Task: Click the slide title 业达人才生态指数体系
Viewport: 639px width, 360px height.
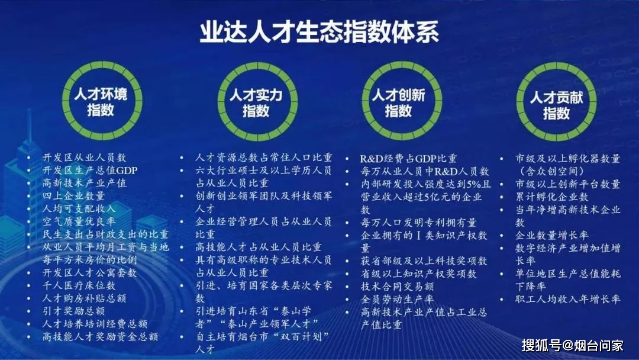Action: (319, 31)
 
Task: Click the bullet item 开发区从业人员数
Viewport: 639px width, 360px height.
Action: (85, 157)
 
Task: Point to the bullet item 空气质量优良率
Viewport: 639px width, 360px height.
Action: (79, 221)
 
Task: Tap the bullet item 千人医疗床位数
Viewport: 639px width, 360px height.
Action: (79, 285)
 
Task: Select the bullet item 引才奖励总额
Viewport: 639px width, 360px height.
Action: (74, 311)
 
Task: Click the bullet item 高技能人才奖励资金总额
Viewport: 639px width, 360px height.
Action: (100, 337)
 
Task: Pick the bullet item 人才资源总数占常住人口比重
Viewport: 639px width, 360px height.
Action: (264, 157)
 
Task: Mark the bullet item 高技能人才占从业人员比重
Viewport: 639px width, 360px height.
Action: (259, 247)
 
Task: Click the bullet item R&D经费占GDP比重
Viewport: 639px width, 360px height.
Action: (408, 159)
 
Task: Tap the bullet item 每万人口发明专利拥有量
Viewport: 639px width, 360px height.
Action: (418, 223)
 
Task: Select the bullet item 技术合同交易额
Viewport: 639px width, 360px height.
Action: (397, 287)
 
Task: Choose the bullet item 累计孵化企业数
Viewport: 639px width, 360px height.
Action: (552, 197)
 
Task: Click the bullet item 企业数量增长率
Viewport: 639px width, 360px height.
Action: (552, 235)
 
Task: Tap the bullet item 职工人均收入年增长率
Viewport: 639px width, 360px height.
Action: (567, 299)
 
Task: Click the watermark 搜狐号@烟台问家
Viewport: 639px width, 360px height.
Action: (573, 346)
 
